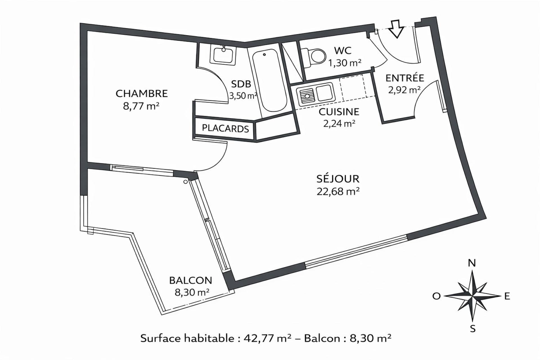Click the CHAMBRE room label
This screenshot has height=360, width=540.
(x=142, y=93)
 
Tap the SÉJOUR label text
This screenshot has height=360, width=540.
(x=338, y=179)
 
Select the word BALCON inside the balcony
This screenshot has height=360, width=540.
(x=190, y=280)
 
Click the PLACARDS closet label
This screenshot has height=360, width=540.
(x=225, y=129)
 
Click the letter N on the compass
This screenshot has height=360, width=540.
(x=472, y=263)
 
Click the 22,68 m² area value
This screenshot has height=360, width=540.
(x=338, y=192)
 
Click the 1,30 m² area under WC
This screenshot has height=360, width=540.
(x=345, y=63)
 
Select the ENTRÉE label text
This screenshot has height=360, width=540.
(x=405, y=78)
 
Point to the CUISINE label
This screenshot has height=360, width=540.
(x=339, y=112)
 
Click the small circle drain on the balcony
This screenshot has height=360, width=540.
(x=185, y=182)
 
